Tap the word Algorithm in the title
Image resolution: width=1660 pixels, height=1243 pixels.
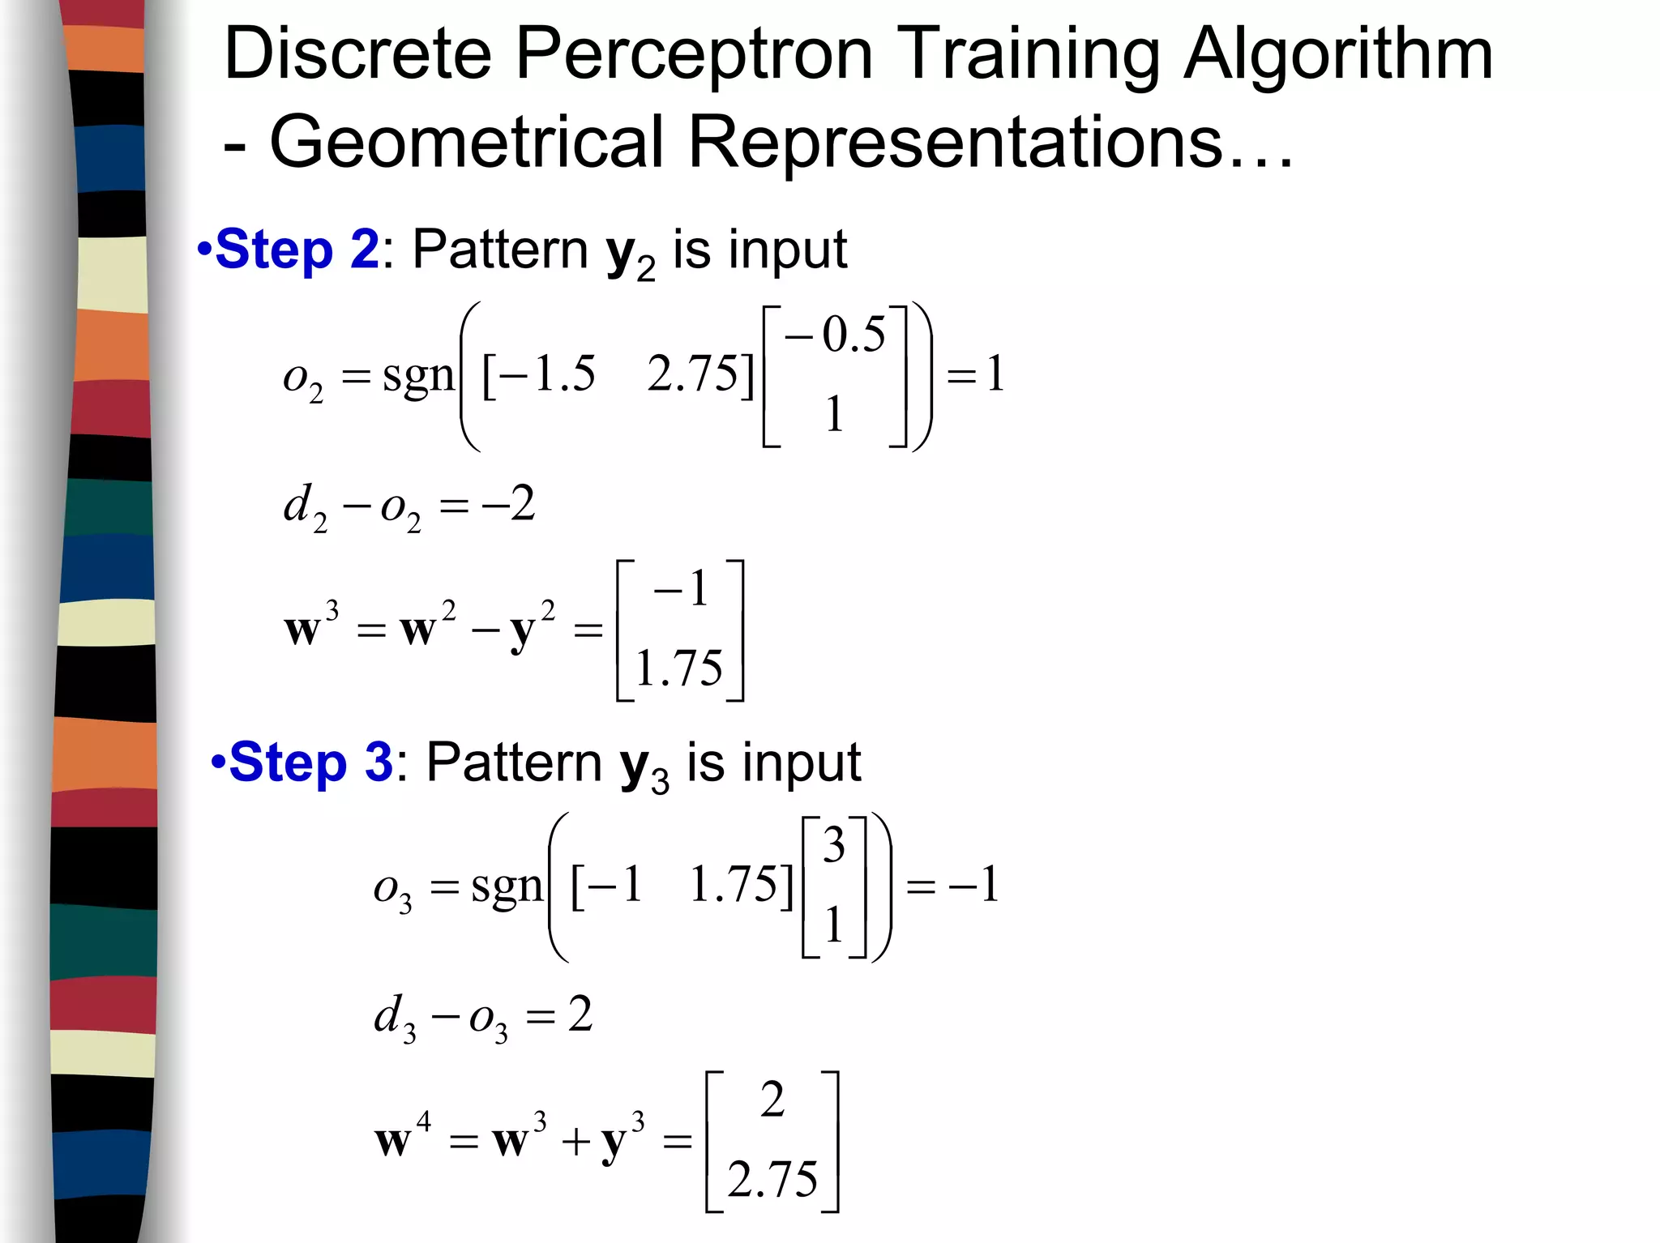(1338, 55)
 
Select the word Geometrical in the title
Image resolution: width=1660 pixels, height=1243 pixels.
(467, 143)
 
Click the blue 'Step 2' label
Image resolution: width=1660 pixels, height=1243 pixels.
(297, 249)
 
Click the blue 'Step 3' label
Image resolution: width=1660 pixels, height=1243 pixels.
(310, 762)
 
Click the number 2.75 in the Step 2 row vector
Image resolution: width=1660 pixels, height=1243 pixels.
(694, 374)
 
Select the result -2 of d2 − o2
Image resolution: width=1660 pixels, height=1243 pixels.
(508, 504)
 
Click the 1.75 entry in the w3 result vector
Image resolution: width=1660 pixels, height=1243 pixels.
(678, 668)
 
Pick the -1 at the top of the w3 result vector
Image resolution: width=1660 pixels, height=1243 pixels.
(681, 589)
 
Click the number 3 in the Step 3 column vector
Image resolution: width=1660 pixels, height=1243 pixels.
(834, 845)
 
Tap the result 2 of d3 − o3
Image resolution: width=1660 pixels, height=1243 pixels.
(580, 1014)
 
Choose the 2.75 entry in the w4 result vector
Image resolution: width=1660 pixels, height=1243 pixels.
(772, 1179)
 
